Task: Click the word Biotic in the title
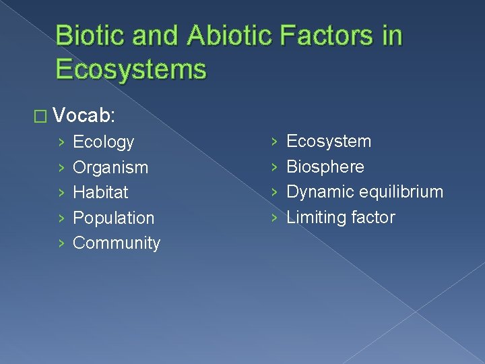coord(87,36)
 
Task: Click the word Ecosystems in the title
coord(131,69)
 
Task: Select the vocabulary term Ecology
coord(103,142)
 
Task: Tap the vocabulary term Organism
coord(110,167)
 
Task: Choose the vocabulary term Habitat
coord(100,192)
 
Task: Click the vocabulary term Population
coord(113,218)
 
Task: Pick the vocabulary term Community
coord(116,243)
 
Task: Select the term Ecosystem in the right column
coord(329,142)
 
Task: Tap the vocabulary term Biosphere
coord(325,166)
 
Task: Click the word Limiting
coord(314,217)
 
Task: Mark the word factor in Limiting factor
coord(370,217)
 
